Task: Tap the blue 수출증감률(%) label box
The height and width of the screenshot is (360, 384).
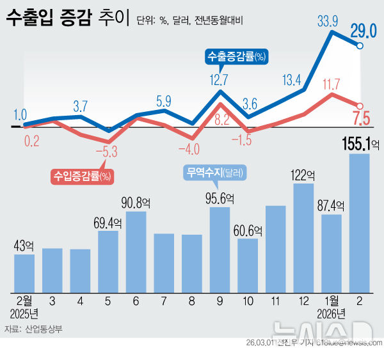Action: click(x=236, y=57)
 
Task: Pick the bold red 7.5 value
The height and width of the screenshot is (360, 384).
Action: click(x=361, y=119)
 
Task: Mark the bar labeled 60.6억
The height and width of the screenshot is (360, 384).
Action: click(x=248, y=264)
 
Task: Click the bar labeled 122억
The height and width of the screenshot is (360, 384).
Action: click(x=303, y=237)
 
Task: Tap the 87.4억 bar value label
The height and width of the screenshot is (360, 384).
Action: click(x=331, y=207)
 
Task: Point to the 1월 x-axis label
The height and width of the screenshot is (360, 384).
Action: click(x=332, y=301)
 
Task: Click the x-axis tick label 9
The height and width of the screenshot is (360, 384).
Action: click(x=220, y=301)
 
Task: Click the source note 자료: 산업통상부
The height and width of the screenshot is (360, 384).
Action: click(x=33, y=329)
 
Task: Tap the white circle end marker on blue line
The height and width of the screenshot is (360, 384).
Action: click(x=360, y=46)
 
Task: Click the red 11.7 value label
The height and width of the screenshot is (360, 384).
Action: click(x=331, y=83)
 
